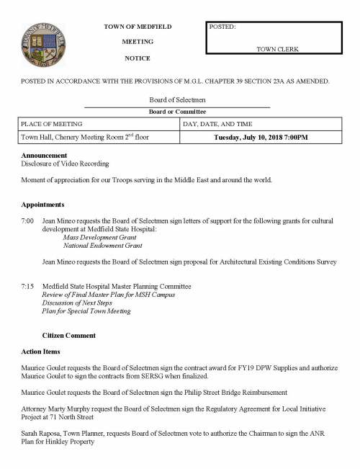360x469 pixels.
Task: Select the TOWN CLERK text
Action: click(277, 49)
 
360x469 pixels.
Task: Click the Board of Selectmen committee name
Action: click(177, 101)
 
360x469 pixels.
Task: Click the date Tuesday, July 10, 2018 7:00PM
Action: click(261, 138)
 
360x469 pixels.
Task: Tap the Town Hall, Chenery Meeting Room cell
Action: click(85, 138)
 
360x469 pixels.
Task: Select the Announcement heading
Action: click(45, 156)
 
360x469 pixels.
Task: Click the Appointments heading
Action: click(43, 205)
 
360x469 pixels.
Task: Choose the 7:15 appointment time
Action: click(27, 287)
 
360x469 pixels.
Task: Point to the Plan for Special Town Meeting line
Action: click(86, 312)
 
